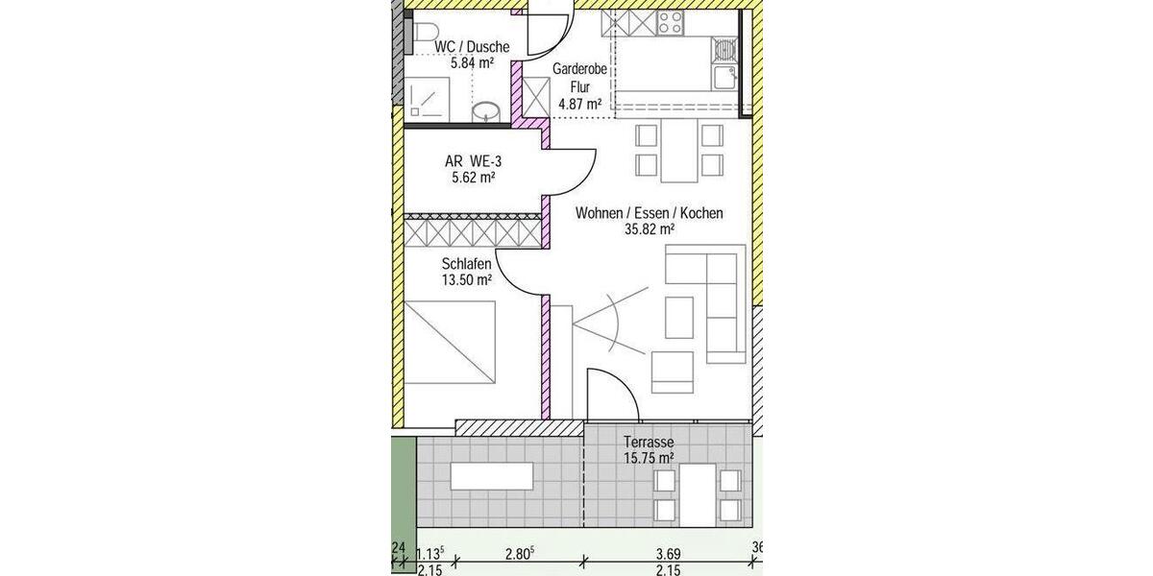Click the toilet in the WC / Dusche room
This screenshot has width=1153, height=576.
tap(420, 35)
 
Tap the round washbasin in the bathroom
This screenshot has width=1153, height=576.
tap(487, 111)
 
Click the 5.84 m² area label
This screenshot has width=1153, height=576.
tap(472, 63)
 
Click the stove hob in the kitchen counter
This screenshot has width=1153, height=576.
tap(669, 22)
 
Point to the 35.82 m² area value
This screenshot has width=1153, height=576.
tap(649, 229)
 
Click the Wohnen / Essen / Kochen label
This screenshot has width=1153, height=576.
tap(649, 213)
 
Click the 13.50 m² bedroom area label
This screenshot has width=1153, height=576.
tap(467, 280)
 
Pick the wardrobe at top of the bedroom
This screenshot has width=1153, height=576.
tap(471, 231)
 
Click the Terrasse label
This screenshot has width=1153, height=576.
tap(649, 442)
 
